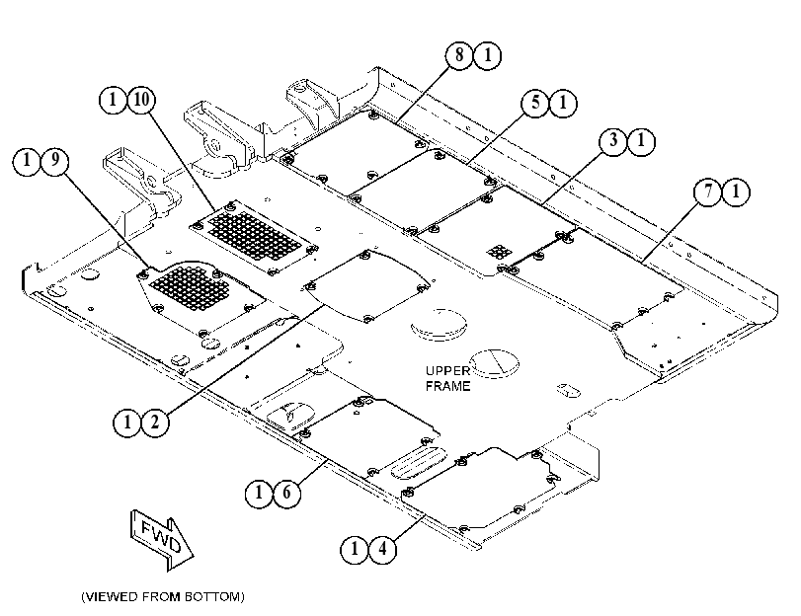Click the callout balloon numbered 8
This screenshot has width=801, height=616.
pos(459,54)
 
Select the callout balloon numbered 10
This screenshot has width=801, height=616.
pos(141,99)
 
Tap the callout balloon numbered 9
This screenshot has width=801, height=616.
pos(54,160)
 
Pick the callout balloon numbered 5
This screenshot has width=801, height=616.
pos(535,103)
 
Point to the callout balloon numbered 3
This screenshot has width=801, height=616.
pos(613,140)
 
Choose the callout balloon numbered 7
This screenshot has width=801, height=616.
pos(708,192)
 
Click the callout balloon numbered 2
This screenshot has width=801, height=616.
pos(155,423)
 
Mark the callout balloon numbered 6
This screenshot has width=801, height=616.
pos(286,493)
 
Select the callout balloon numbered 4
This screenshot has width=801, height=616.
pos(382,550)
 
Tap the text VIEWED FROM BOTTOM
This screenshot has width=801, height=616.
pos(163,596)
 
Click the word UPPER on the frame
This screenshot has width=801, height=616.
pos(447,371)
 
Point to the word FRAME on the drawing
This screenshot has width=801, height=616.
pos(448,386)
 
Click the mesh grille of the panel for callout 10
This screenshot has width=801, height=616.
pos(254,237)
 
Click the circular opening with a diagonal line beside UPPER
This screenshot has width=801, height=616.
pos(494,363)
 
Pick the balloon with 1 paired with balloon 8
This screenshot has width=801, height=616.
pos(487,54)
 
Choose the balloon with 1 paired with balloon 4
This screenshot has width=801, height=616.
pos(355,550)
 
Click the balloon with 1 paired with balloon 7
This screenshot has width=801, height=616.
pos(736,192)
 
